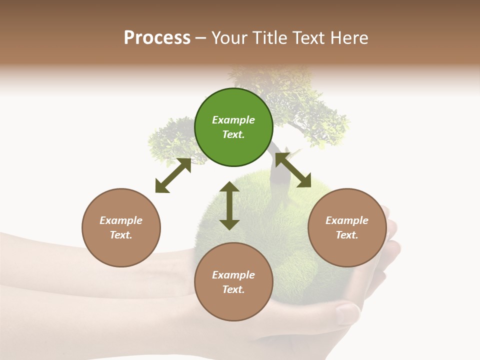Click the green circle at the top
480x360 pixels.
(x=233, y=127)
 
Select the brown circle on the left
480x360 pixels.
(x=121, y=227)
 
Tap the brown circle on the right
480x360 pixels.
(x=347, y=227)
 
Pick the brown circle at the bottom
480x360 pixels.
(x=233, y=282)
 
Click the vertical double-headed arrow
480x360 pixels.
(x=229, y=205)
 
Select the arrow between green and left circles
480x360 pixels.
(x=173, y=175)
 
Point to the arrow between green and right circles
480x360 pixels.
(x=293, y=170)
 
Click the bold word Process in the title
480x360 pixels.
(x=157, y=37)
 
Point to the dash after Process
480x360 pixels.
(x=201, y=38)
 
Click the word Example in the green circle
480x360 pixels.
(x=233, y=120)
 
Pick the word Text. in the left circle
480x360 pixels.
(x=121, y=235)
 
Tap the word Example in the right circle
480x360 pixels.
(x=347, y=220)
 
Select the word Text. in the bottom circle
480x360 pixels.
(x=233, y=289)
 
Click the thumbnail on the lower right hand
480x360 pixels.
(x=346, y=313)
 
